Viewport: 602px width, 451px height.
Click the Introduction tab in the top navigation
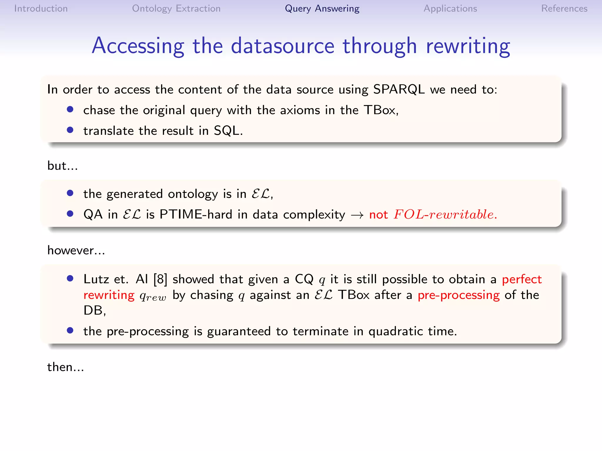41,9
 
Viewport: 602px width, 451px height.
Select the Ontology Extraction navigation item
176,9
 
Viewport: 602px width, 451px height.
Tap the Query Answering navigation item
322,9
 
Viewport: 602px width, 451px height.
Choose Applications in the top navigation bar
450,9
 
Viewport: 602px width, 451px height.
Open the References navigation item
564,9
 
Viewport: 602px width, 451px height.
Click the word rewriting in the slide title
468,46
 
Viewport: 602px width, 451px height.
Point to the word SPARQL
399,89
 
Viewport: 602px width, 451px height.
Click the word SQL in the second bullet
227,131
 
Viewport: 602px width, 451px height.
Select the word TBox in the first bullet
380,110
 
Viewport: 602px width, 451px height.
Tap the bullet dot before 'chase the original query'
70,110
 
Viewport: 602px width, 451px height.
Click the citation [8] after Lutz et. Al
160,279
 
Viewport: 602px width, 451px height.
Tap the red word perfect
521,279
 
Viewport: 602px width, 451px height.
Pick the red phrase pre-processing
459,295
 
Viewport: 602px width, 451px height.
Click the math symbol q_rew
153,296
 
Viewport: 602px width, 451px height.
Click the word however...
71,250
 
